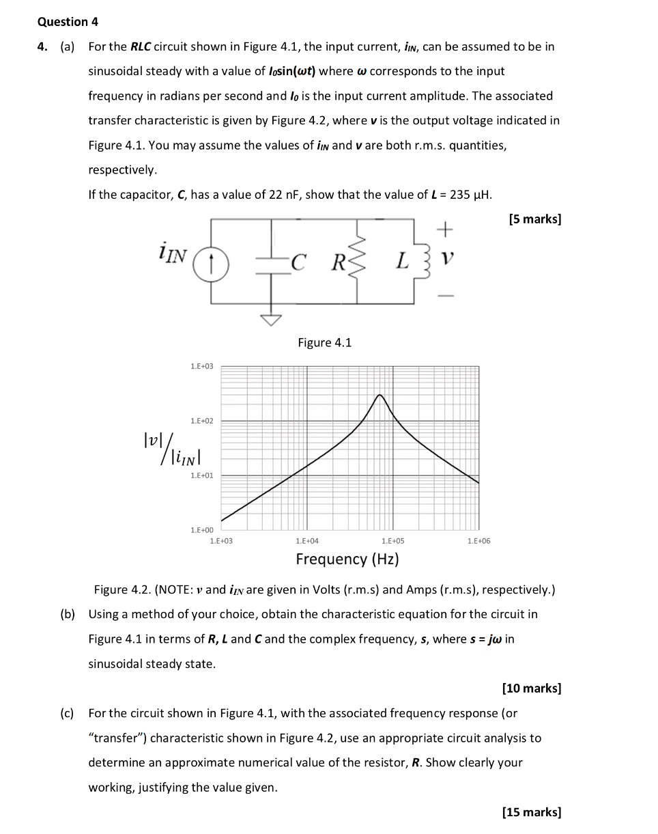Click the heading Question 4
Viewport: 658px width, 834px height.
[x=68, y=22]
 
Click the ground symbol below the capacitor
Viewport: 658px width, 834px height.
[x=272, y=318]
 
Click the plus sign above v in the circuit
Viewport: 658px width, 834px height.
[x=444, y=230]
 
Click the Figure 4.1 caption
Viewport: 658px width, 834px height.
[x=324, y=343]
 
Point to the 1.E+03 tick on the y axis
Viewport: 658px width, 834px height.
[x=201, y=367]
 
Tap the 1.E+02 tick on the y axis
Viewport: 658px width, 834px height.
[x=201, y=421]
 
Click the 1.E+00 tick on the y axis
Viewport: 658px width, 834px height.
[x=201, y=530]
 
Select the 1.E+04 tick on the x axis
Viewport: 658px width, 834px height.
[x=306, y=541]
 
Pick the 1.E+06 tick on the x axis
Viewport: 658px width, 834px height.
[x=478, y=541]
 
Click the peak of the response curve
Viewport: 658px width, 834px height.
[x=380, y=395]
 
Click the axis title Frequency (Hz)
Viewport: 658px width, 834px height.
[x=347, y=559]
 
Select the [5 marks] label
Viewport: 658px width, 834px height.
[x=535, y=219]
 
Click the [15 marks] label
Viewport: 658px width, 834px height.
[x=532, y=812]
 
